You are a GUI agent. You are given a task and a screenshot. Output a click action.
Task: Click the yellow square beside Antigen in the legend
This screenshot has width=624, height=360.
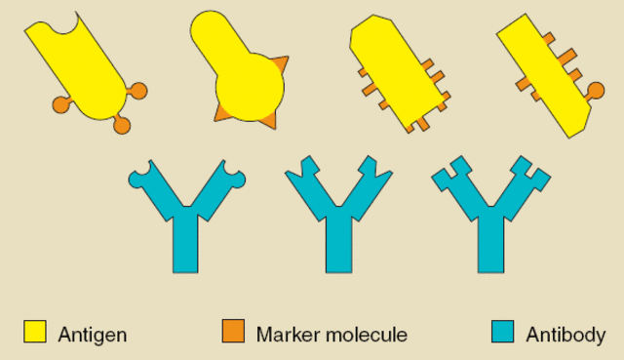coord(36,332)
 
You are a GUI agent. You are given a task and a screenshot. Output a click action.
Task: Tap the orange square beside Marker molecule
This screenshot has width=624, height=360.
coord(233,332)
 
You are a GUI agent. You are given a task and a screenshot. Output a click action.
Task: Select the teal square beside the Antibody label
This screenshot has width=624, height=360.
coord(502,332)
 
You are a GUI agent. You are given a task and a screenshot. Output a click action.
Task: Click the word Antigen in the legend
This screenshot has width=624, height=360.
coord(93,335)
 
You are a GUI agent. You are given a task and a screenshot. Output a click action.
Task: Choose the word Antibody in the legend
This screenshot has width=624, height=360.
coord(565,335)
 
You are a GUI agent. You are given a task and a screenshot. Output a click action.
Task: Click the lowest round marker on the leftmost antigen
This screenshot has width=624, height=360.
coord(122,125)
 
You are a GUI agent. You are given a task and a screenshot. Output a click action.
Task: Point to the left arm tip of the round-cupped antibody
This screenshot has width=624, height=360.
coord(138,177)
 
